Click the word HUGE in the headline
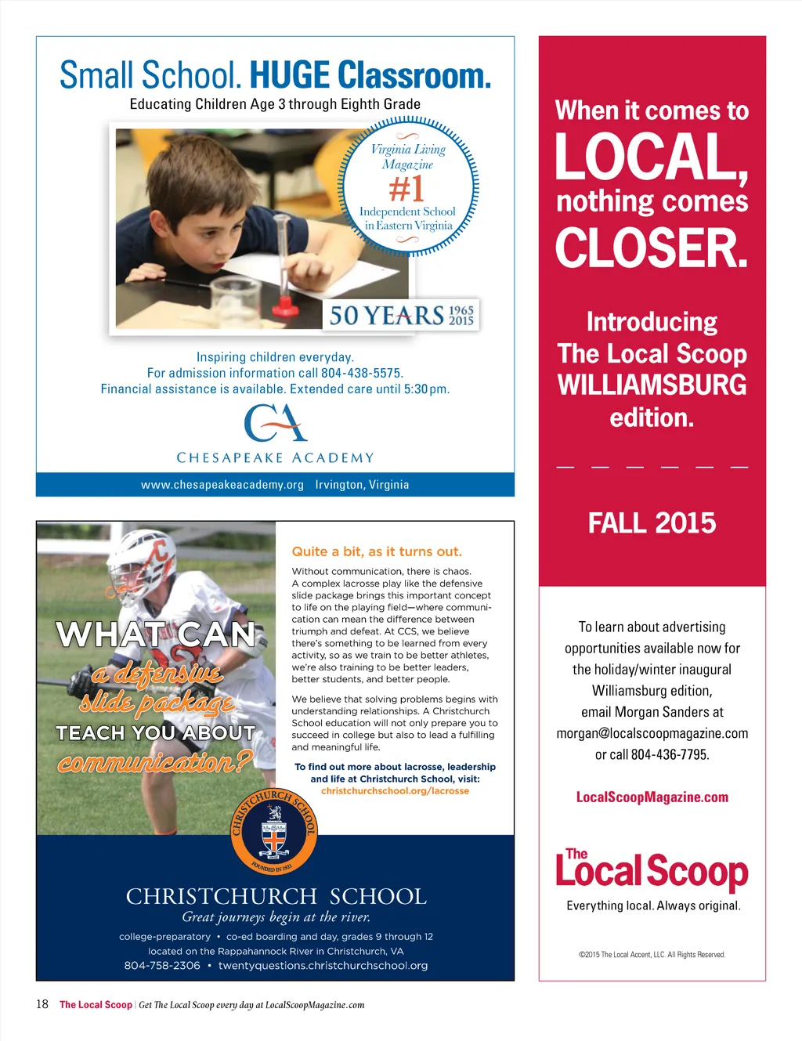click(x=290, y=76)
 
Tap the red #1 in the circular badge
click(x=406, y=189)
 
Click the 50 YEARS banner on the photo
click(x=401, y=315)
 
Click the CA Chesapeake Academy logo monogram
click(x=275, y=423)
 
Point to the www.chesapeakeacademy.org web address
click(x=222, y=485)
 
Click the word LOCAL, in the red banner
click(x=651, y=157)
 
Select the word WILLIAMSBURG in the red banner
click(x=652, y=385)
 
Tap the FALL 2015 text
click(x=652, y=523)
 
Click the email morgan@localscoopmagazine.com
click(x=652, y=733)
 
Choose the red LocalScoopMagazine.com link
click(x=652, y=797)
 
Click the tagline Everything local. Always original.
click(x=653, y=905)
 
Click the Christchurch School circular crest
click(x=274, y=832)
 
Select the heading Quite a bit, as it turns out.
click(x=377, y=551)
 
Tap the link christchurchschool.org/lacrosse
click(x=395, y=791)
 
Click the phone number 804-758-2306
click(x=162, y=966)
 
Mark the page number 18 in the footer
click(x=42, y=1004)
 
